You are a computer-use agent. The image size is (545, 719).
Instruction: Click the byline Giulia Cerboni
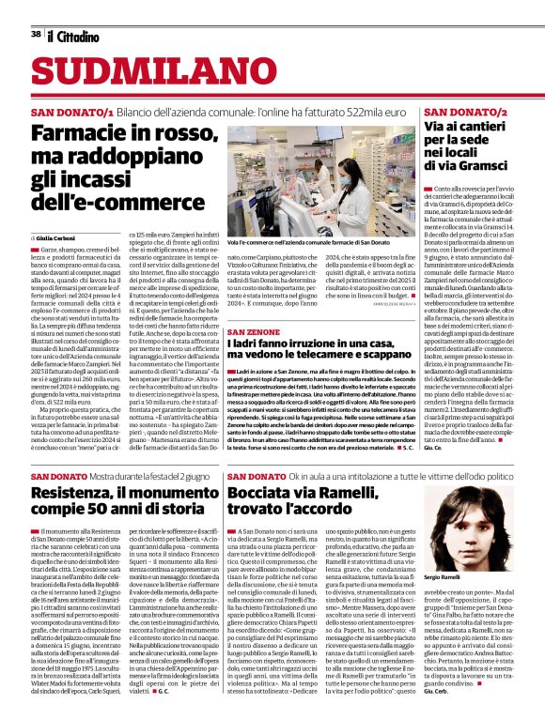click(59, 238)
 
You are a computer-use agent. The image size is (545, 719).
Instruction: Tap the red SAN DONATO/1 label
click(72, 112)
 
